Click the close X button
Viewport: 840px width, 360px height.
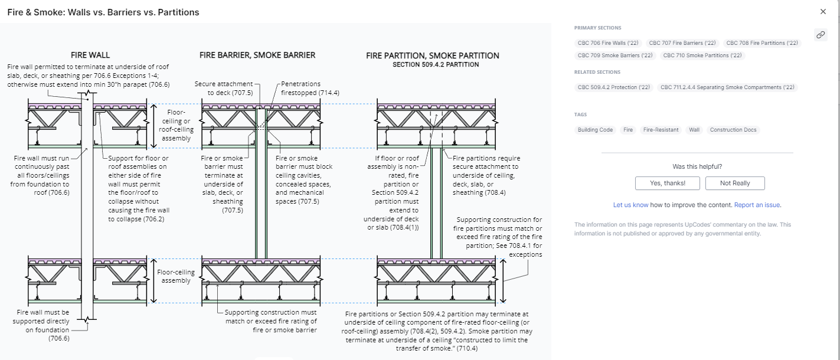(x=823, y=12)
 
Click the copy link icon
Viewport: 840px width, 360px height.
(x=821, y=35)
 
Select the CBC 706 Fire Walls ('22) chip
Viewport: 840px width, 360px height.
(x=608, y=43)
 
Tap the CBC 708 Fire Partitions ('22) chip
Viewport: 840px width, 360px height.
(x=761, y=43)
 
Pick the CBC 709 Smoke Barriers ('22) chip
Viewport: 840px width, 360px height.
(x=615, y=55)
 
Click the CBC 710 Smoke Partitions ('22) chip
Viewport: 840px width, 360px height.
(x=702, y=55)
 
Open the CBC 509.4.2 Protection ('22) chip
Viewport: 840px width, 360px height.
(x=613, y=87)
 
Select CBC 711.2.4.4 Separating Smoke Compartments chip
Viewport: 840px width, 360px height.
(x=727, y=87)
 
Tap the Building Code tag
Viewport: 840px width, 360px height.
(x=595, y=130)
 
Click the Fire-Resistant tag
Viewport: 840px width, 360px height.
(x=661, y=130)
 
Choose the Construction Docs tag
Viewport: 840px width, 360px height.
(x=733, y=130)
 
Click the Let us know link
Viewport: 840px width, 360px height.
(x=630, y=205)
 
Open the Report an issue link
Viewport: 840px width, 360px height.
(x=757, y=205)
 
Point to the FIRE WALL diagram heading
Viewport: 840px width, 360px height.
(x=90, y=55)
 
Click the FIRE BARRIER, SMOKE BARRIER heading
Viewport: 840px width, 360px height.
(x=257, y=55)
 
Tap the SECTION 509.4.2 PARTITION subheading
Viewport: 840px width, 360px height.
(x=436, y=64)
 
